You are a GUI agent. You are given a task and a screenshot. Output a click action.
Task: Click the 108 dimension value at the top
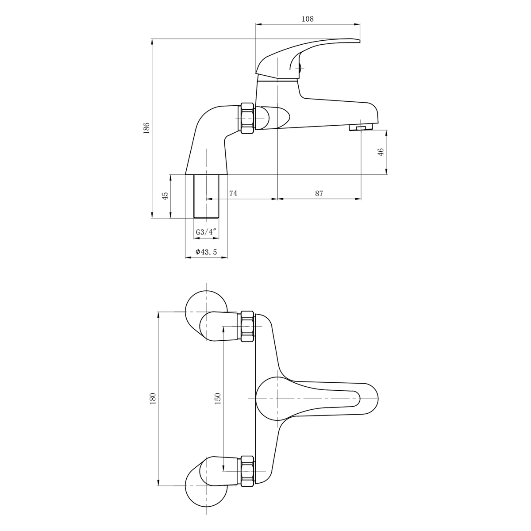[x=307, y=19]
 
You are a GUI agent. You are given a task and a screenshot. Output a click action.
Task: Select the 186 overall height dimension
[x=147, y=128]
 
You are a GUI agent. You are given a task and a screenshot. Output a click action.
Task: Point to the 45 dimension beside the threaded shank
[x=165, y=196]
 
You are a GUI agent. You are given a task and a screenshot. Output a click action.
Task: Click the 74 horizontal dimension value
[x=233, y=193]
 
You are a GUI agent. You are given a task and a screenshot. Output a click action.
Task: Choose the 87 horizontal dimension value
[x=319, y=193]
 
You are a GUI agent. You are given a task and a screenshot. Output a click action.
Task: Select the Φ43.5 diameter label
[x=206, y=252]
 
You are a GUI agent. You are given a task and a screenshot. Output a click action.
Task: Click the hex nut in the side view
[x=247, y=118]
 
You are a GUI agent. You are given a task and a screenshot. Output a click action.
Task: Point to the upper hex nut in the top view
[x=247, y=327]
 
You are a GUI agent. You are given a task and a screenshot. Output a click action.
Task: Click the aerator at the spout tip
[x=361, y=128]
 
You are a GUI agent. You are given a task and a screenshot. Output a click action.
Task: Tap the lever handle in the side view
[x=310, y=51]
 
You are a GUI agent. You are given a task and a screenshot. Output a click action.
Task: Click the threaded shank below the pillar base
[x=207, y=196]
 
